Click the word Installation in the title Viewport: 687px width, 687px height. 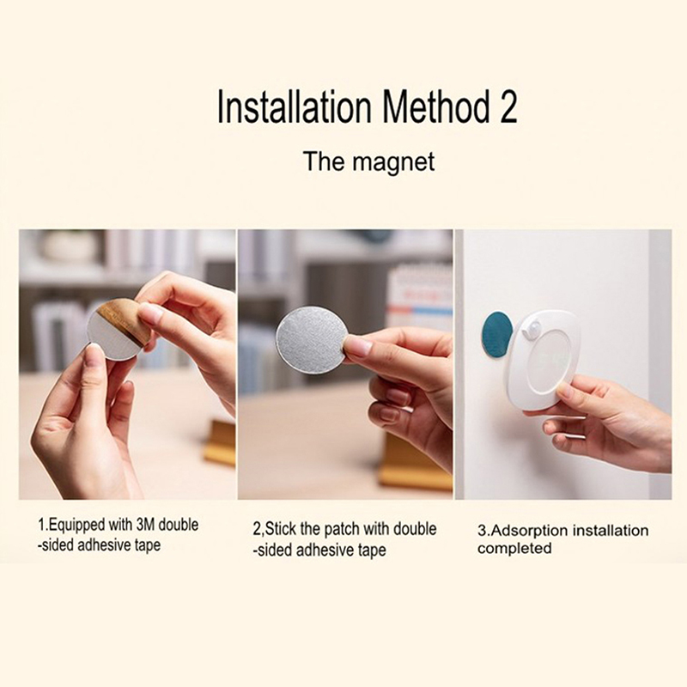click(294, 106)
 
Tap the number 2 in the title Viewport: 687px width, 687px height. click(508, 106)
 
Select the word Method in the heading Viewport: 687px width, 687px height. click(436, 106)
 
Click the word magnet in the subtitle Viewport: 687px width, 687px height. click(394, 161)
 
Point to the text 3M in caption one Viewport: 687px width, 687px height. click(142, 525)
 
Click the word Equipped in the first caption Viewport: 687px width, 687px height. click(74, 526)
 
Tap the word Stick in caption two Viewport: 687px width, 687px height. click(280, 529)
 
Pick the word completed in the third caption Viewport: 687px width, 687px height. click(514, 549)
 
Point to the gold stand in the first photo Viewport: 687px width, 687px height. click(220, 441)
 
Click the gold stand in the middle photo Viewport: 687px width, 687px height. click(416, 464)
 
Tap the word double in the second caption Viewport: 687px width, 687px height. click(415, 529)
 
